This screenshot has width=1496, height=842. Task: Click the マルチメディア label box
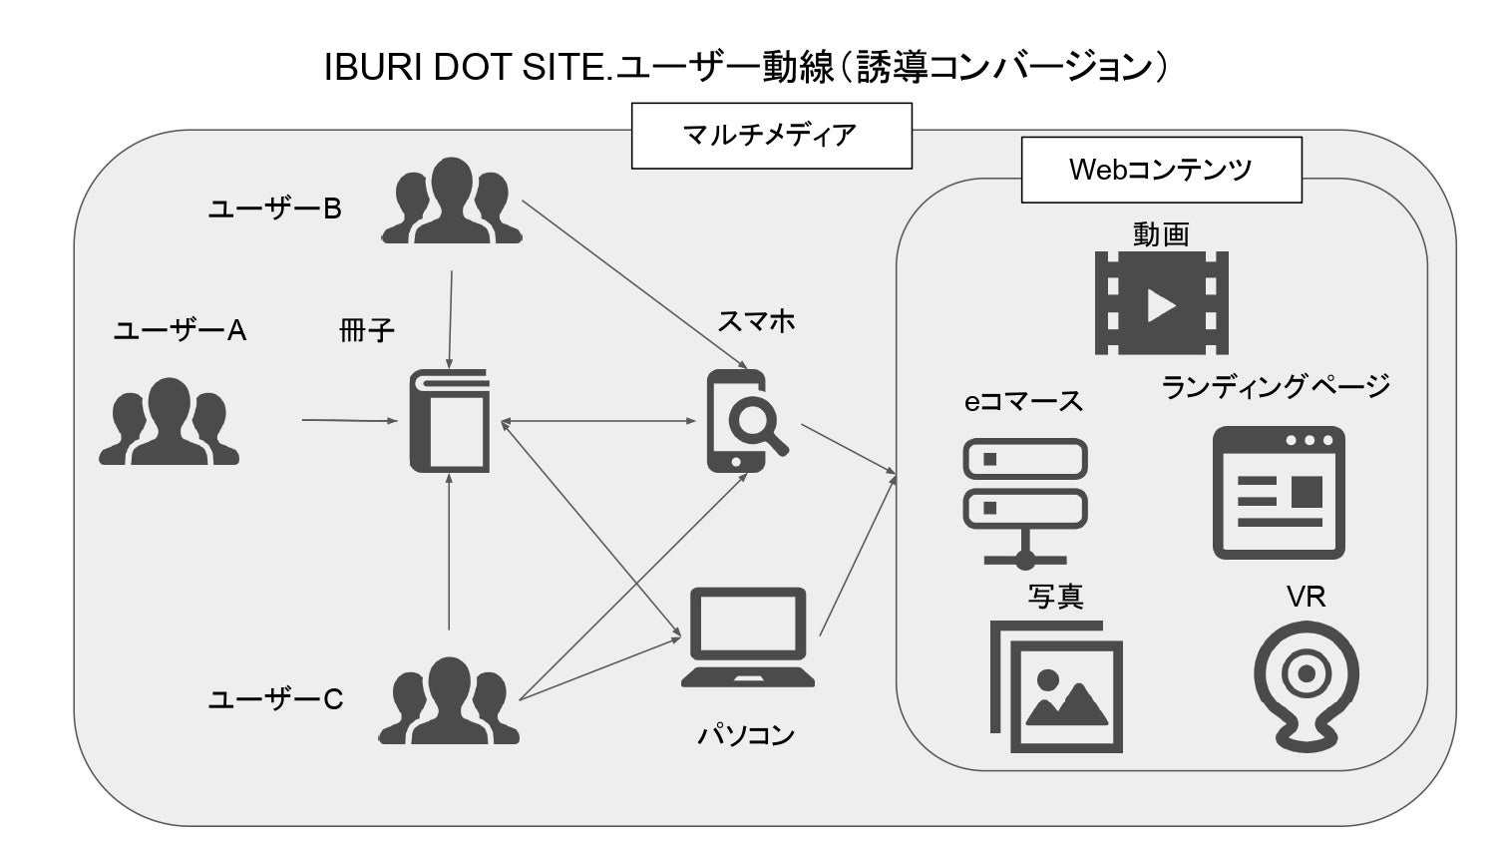[771, 135]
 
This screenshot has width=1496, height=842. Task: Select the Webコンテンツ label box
[1161, 170]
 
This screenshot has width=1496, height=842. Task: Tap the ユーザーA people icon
[169, 422]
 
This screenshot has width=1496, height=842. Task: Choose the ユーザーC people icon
[452, 700]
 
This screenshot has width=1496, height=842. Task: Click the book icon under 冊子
[450, 420]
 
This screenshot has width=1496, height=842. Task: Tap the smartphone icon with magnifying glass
[743, 421]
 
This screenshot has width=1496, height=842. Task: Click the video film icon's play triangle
[1162, 303]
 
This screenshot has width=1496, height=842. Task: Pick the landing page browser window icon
[1280, 493]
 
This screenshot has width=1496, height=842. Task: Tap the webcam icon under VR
[1306, 684]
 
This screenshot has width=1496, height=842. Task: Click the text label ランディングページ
[1276, 386]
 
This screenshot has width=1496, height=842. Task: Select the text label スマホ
[756, 321]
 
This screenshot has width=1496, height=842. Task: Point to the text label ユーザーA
[180, 330]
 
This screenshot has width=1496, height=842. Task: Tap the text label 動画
[1161, 233]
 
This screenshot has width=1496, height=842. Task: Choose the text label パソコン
[746, 736]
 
